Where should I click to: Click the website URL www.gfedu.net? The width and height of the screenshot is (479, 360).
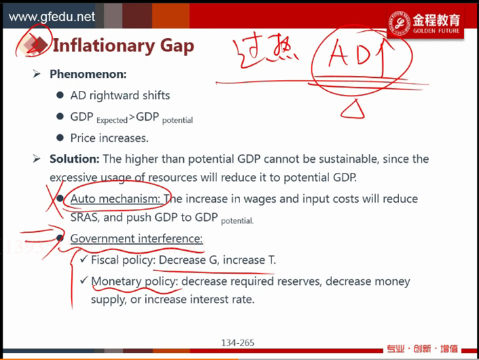pos(52,17)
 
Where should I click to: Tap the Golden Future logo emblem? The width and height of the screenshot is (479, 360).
pos(399,24)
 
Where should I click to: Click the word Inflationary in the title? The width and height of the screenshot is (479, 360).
pos(104,46)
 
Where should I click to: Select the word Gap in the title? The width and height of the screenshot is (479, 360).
pos(177,46)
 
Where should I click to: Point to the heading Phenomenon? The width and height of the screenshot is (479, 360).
pos(88,74)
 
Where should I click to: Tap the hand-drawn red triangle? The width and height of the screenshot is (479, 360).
pos(353,109)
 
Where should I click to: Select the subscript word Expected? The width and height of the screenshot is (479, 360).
pos(112,120)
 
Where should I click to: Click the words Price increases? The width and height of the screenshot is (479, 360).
pos(109,138)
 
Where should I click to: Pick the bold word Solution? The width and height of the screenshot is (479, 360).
pos(75,159)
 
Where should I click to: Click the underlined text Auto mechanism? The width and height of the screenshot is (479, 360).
pos(115,199)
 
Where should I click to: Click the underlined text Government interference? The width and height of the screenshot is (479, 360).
pos(136,239)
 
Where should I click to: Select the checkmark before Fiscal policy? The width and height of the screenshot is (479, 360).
pos(84,259)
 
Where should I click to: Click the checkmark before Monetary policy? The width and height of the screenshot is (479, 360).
pos(84,280)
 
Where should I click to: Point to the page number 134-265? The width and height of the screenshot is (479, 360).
pos(237,342)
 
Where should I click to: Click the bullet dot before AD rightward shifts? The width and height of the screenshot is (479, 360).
pos(60,96)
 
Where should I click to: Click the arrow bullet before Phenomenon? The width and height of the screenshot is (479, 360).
pos(37,74)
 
